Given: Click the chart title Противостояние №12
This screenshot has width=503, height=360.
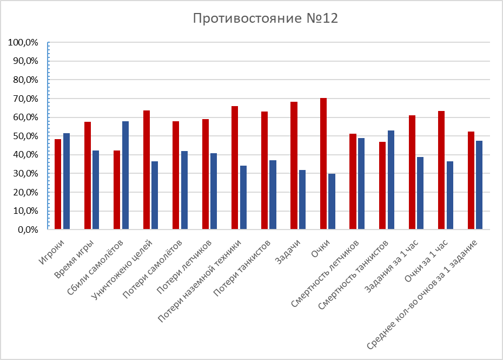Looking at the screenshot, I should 265,18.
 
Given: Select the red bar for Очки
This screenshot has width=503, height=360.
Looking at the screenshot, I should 323,163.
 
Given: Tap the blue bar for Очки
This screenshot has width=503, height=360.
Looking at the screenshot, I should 332,201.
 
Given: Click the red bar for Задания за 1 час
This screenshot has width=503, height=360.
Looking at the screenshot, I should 412,172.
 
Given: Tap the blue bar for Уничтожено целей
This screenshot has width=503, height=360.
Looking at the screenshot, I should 155,195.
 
